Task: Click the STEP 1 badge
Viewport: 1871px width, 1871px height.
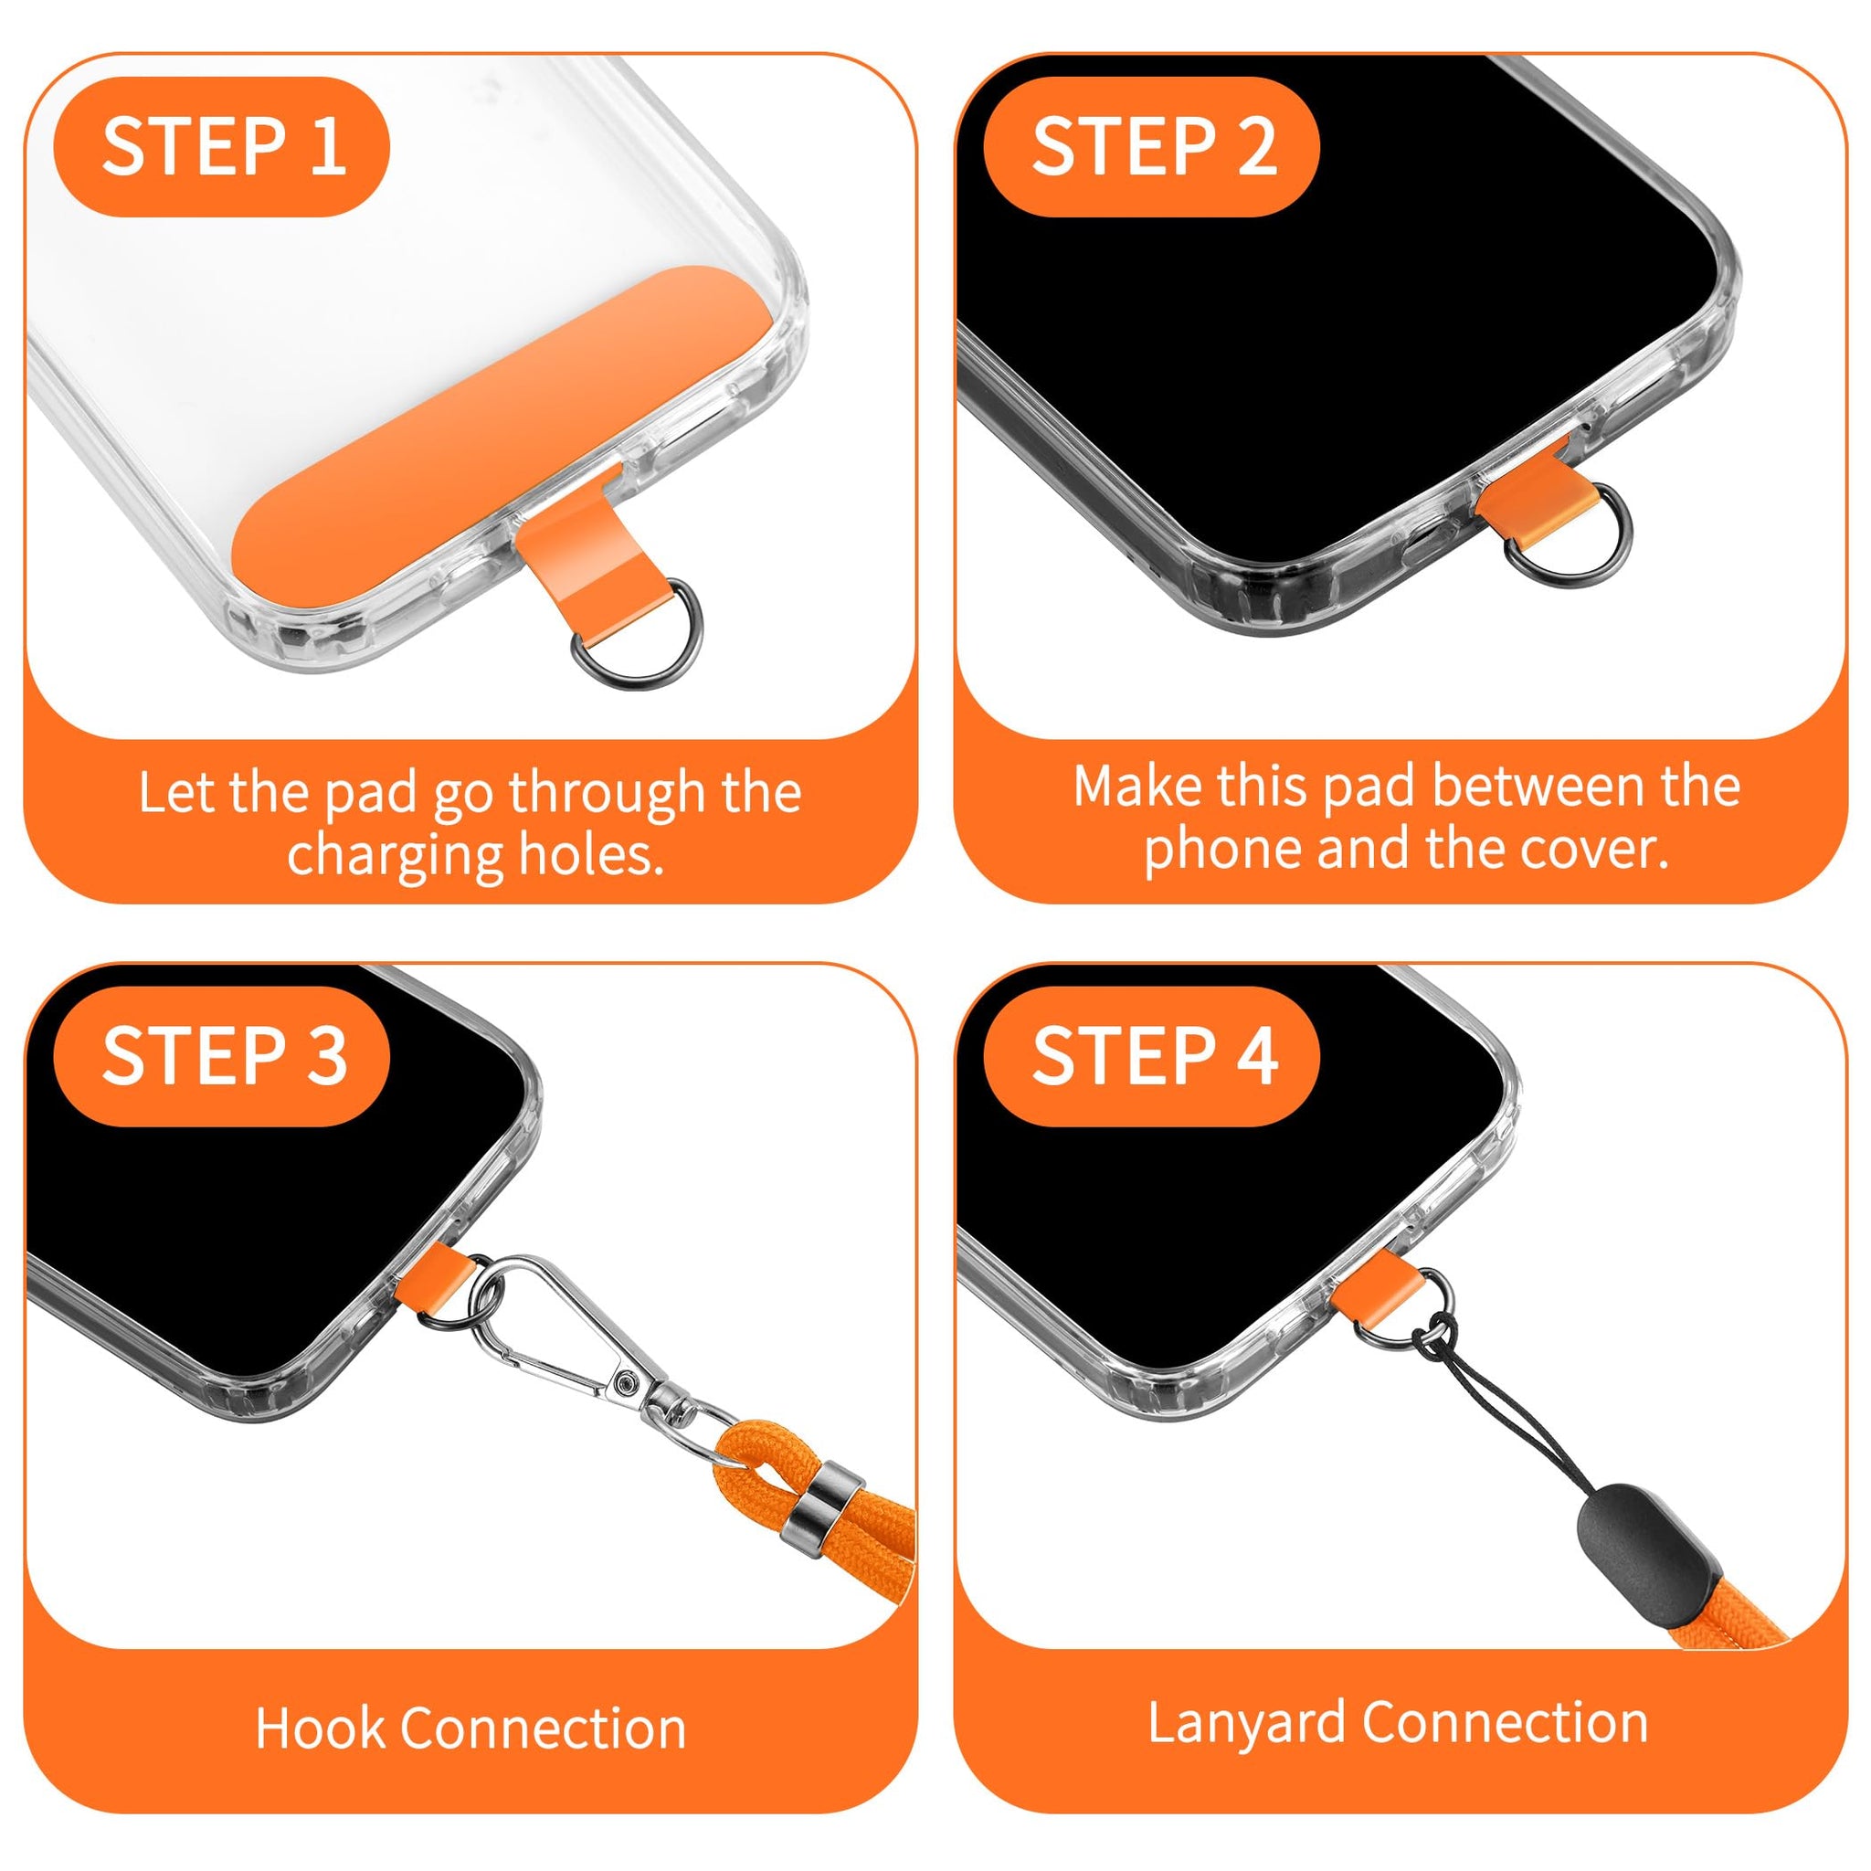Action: tap(222, 146)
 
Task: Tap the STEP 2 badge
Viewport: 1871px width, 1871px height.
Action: tap(1151, 146)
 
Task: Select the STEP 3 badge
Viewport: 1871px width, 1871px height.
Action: tap(222, 1057)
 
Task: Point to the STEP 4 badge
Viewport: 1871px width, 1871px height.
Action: tap(1151, 1057)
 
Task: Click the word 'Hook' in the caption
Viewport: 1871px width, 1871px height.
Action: tap(320, 1728)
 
